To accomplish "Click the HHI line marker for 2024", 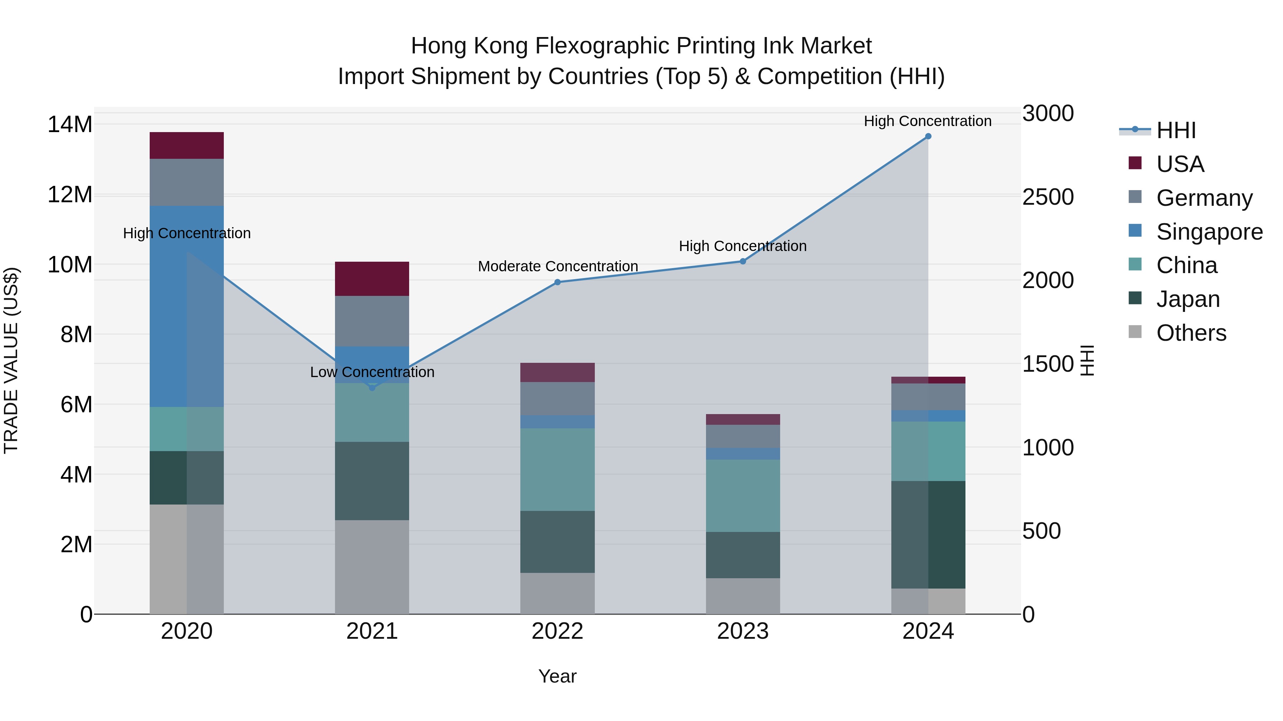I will click(x=928, y=136).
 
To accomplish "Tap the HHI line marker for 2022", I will click(x=557, y=282).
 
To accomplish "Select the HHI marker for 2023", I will click(x=743, y=261).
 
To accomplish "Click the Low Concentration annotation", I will click(x=372, y=372).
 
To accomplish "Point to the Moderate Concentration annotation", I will click(x=558, y=266).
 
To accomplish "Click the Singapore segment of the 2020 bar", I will click(x=187, y=306).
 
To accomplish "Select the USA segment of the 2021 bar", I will click(x=372, y=279).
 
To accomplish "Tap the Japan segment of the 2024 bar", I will click(x=928, y=535).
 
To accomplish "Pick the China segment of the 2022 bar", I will click(x=557, y=469).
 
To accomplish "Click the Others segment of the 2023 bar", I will click(x=743, y=596).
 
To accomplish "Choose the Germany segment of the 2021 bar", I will click(x=372, y=321).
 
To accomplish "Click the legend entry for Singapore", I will click(x=1209, y=232).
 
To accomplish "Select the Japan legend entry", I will click(x=1187, y=299).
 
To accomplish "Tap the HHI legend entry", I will click(x=1175, y=130).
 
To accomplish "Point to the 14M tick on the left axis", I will click(x=70, y=124).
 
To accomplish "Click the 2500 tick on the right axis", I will click(x=1048, y=197).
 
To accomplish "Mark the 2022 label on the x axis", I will click(x=557, y=631).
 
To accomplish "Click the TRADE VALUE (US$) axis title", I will click(x=11, y=360).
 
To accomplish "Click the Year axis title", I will click(x=557, y=676).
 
